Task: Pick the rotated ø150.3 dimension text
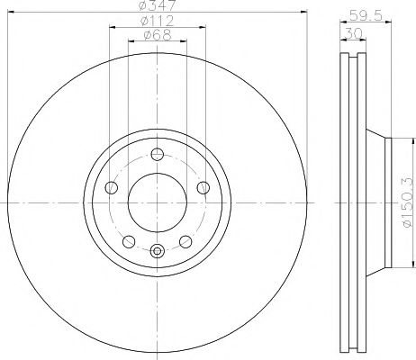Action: [x=407, y=200]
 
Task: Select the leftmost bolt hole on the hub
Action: [x=113, y=187]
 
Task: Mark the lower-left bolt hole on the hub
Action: [x=128, y=240]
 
